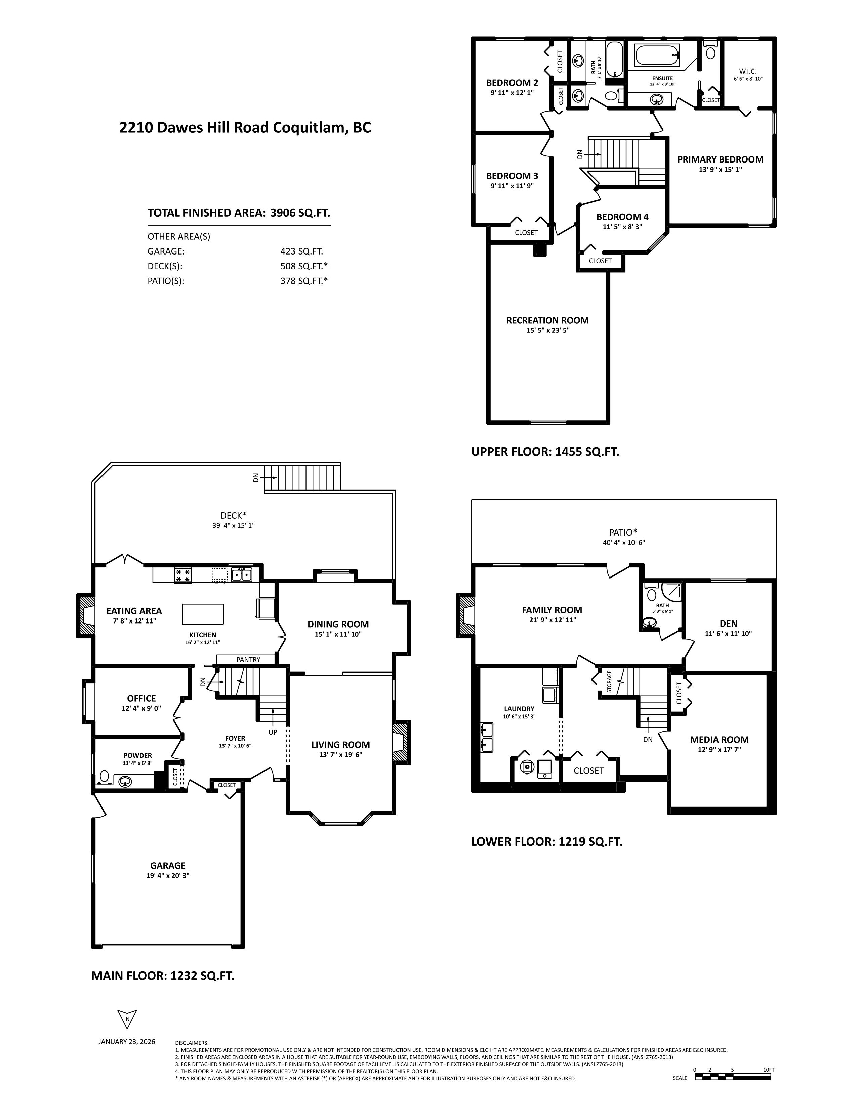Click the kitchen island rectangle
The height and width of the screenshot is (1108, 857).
pyautogui.click(x=203, y=614)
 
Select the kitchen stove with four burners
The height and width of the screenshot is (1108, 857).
pyautogui.click(x=183, y=575)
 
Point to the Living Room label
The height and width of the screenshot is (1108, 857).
pyautogui.click(x=340, y=745)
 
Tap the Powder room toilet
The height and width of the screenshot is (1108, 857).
pyautogui.click(x=105, y=776)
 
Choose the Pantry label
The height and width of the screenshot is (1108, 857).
pyautogui.click(x=248, y=659)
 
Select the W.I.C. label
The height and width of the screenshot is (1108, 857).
pyautogui.click(x=748, y=71)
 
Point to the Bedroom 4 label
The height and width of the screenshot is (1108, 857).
pyautogui.click(x=622, y=217)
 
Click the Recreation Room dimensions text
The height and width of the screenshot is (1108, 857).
pyautogui.click(x=548, y=330)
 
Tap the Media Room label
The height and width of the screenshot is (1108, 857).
pyautogui.click(x=720, y=740)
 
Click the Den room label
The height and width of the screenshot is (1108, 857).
pyautogui.click(x=729, y=624)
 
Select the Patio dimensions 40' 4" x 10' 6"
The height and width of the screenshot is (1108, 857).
pyautogui.click(x=623, y=542)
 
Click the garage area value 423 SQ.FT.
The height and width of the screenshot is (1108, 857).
pyautogui.click(x=301, y=251)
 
